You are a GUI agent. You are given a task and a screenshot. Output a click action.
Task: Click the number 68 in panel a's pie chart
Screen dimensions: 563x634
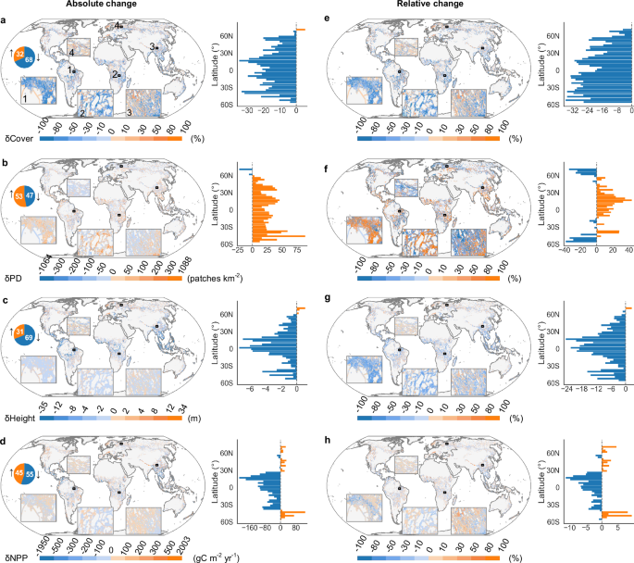tap(31, 60)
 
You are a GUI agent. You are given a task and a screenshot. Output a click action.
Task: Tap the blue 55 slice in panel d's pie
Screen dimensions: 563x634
tap(31, 475)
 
